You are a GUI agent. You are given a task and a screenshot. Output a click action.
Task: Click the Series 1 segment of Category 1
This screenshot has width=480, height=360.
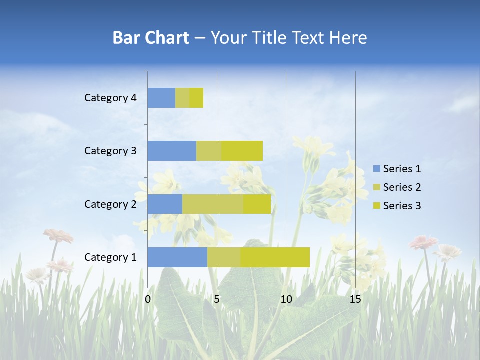[177, 257]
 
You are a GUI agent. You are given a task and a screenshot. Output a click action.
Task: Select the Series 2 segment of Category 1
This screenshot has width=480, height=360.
[224, 257]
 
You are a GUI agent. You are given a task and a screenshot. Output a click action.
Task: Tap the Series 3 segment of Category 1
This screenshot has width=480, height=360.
[275, 257]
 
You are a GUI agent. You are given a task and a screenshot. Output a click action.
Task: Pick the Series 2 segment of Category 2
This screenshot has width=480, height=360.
[213, 204]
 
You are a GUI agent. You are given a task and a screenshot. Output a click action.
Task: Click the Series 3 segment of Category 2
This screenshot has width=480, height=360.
[257, 204]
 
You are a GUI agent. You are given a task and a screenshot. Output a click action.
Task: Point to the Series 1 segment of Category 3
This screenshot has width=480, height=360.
[172, 151]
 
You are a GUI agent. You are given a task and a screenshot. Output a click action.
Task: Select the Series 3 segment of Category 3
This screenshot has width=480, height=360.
[242, 151]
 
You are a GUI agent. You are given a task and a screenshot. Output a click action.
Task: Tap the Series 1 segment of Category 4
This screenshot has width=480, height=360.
[161, 98]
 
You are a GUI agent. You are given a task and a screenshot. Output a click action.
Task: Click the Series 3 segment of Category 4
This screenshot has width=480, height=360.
[196, 98]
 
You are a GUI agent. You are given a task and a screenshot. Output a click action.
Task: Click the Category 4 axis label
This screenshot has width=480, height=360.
[110, 98]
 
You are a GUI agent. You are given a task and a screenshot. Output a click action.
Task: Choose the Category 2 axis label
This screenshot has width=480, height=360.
[110, 204]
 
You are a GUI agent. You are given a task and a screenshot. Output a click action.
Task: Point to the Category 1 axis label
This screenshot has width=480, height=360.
[110, 257]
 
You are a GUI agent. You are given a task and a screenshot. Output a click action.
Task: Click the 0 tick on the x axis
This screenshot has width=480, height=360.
[148, 299]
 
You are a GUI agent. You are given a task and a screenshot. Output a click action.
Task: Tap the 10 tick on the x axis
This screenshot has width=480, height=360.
[286, 299]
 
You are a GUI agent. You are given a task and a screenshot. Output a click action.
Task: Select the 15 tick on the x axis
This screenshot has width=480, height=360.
[355, 299]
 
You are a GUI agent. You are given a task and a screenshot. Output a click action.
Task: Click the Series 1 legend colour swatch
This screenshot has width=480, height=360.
[377, 169]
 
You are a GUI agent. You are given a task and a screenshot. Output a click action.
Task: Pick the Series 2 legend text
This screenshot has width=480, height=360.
[402, 187]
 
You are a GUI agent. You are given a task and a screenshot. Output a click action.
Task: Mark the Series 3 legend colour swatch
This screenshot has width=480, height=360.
[377, 206]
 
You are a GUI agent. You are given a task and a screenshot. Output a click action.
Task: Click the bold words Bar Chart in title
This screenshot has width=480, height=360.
[151, 38]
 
